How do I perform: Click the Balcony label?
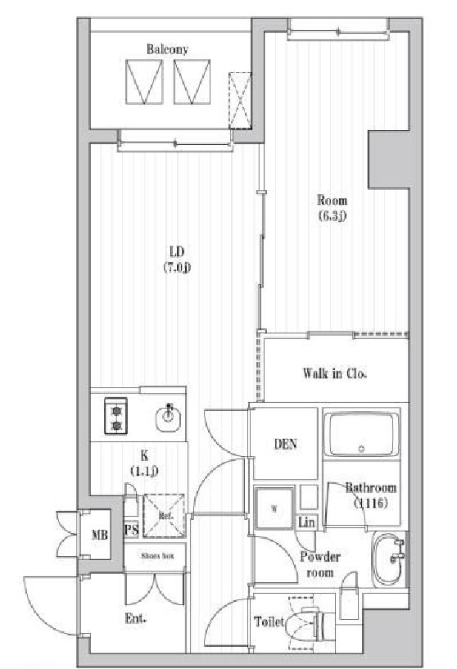pos(167,50)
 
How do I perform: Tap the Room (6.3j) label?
pos(332,208)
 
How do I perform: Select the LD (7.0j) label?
pos(176,259)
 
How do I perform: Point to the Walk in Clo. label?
pos(334,374)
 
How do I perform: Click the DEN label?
pos(284,445)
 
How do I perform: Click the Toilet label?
pos(269,622)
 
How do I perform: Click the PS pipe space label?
pos(130,529)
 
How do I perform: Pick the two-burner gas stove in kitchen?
pos(115,416)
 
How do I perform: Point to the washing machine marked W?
pos(273,508)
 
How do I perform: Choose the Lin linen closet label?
pos(306,522)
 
